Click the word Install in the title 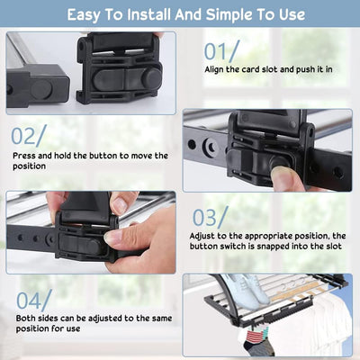tap(149, 14)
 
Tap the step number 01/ tap(222, 51)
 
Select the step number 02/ tap(29, 136)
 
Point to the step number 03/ tap(211, 217)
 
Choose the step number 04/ tap(34, 300)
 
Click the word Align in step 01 tap(214, 69)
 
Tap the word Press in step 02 tap(23, 156)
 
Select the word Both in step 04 tap(25, 318)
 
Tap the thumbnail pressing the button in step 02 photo tap(282, 178)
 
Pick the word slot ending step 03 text tap(332, 247)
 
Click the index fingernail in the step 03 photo tap(113, 237)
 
